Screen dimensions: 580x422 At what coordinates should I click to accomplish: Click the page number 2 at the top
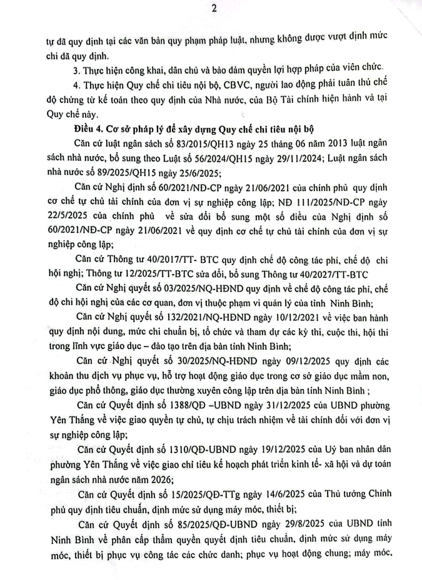tap(213, 9)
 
